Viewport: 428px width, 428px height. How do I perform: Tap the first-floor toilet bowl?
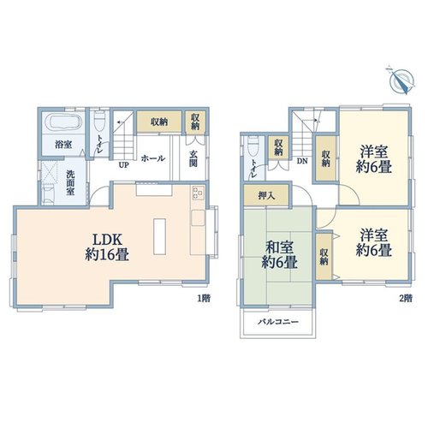tap(100, 117)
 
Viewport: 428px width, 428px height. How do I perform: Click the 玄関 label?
tap(193, 158)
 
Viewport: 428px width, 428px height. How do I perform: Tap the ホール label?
tap(153, 158)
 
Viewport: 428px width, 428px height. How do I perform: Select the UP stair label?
tap(123, 165)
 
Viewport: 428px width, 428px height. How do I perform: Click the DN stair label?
tap(302, 161)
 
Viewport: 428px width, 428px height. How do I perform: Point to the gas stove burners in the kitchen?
tap(199, 193)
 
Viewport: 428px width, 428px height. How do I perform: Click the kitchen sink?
tap(199, 218)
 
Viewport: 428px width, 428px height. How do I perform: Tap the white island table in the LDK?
tap(159, 236)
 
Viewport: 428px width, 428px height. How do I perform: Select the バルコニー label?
tap(278, 322)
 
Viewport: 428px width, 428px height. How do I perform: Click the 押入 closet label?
tap(266, 195)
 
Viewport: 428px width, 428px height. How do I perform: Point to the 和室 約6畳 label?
tap(280, 255)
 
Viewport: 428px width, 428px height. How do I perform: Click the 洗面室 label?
tap(70, 183)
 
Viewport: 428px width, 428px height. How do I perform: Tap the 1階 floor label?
tap(205, 299)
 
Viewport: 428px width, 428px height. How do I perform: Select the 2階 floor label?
tap(406, 299)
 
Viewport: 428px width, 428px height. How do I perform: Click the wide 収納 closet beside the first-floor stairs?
tap(159, 122)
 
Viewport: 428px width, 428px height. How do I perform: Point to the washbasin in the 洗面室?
tap(48, 193)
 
